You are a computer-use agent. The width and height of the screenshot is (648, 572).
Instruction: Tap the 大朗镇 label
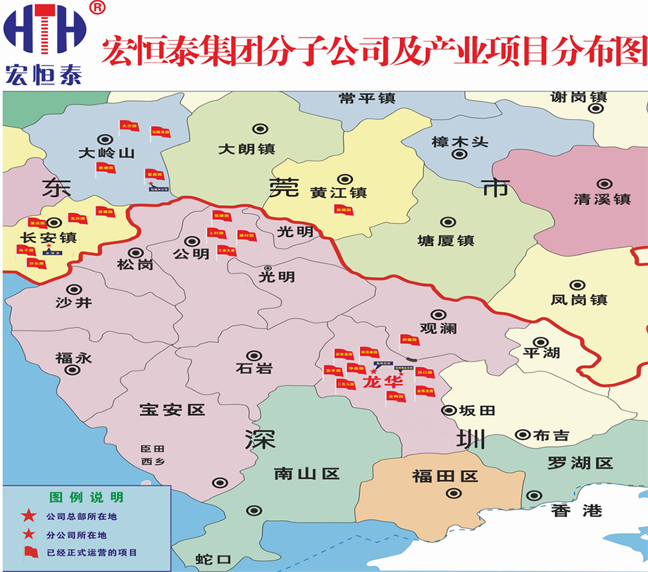247,149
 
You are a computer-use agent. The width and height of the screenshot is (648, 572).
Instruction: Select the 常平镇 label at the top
367,99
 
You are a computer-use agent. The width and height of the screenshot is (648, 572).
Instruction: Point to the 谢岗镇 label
579,98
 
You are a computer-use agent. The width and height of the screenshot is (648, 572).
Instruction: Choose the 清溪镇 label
602,199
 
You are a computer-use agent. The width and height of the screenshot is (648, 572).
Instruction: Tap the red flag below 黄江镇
343,209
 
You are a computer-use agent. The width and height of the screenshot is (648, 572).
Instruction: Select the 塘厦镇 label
446,241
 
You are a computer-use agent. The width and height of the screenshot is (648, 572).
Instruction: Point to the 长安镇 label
49,237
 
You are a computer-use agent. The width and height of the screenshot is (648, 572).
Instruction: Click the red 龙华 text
381,383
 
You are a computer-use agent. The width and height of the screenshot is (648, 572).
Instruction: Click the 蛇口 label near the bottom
214,560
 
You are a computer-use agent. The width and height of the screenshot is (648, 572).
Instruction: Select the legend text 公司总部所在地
82,517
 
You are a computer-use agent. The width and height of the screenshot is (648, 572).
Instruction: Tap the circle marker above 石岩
251,356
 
